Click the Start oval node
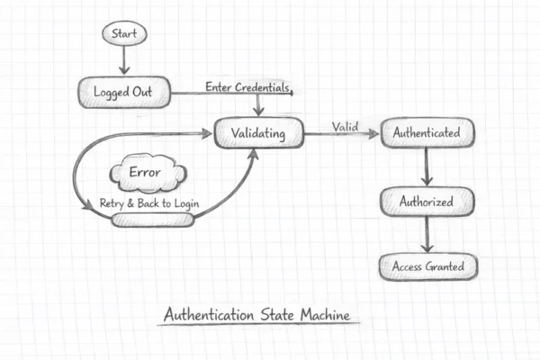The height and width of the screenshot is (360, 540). click(x=123, y=34)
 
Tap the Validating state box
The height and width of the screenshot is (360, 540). click(x=258, y=134)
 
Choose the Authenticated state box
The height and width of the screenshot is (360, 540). click(x=427, y=134)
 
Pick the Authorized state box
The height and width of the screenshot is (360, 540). click(x=427, y=202)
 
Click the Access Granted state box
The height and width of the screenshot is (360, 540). click(x=427, y=267)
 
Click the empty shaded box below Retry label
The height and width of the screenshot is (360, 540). click(x=152, y=219)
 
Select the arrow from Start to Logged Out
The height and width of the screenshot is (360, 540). click(x=123, y=61)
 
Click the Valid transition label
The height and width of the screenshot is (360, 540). click(x=346, y=126)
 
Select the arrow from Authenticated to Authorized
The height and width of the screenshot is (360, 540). click(x=427, y=167)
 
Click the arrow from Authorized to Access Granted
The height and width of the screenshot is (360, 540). click(x=427, y=235)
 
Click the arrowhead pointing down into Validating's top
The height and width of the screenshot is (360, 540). click(x=259, y=112)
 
